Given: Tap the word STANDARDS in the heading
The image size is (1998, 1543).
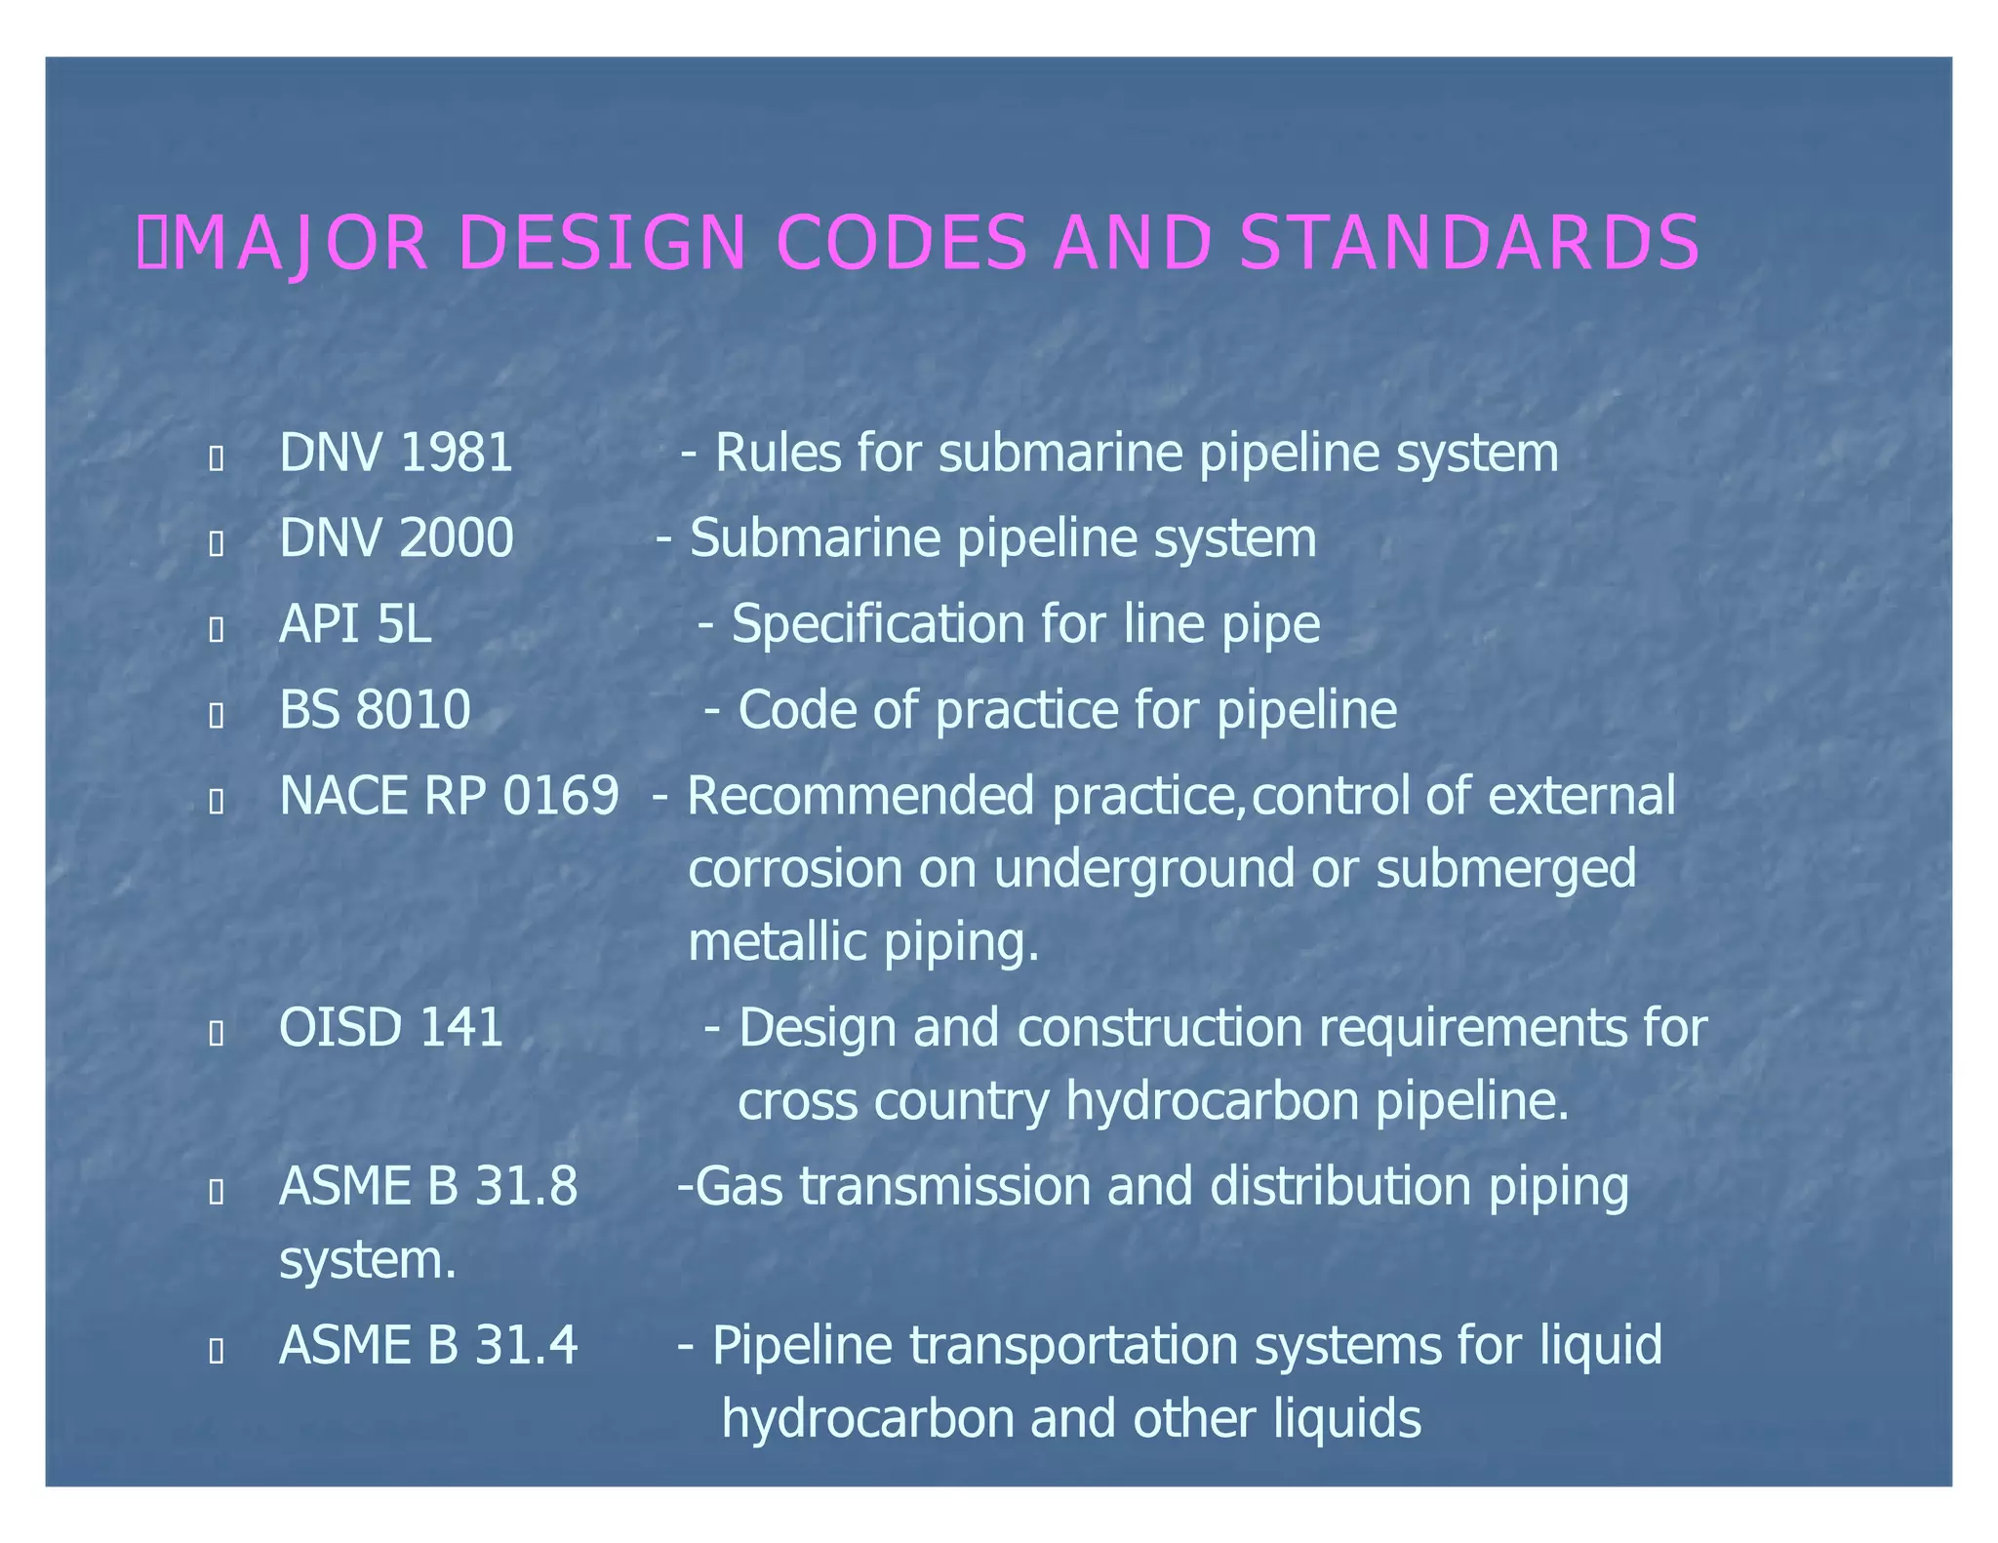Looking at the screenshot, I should point(1469,243).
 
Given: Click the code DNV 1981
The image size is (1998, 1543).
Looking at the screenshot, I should point(396,454).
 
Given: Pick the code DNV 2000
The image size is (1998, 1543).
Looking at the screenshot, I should point(396,538).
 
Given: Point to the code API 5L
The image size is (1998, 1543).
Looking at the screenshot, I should point(355,624).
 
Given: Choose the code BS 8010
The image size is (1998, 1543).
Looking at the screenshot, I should point(375,710).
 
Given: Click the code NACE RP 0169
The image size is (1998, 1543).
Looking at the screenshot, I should point(449,796).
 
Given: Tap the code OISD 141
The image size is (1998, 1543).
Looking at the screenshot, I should point(391,1028).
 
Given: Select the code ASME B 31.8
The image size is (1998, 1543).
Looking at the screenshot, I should point(428,1187).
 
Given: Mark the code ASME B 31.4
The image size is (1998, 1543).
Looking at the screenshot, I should point(428,1346).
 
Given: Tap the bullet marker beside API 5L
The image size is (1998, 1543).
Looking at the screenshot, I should point(217,630).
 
